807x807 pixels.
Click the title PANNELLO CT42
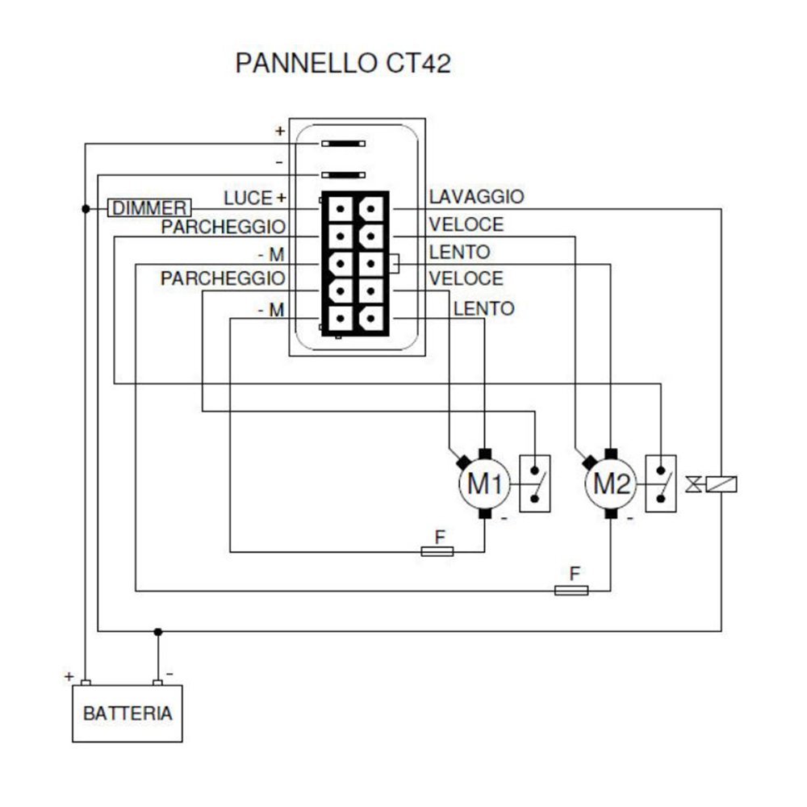tap(342, 64)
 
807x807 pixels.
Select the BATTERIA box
tap(128, 713)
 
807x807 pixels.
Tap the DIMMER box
tap(150, 208)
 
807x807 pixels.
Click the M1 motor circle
tap(485, 484)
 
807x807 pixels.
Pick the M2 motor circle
tap(611, 484)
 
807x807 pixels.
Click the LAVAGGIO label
tap(476, 196)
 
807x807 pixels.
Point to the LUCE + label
tap(255, 197)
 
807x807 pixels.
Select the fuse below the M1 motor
tap(437, 551)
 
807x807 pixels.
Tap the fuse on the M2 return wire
tap(571, 591)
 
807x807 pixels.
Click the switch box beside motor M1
tap(535, 484)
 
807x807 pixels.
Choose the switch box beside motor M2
tap(661, 484)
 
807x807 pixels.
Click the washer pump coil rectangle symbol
tap(721, 484)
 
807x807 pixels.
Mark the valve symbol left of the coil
tap(692, 484)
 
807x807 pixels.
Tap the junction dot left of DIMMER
tap(86, 208)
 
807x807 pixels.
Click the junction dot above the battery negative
tap(158, 631)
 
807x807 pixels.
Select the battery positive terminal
tap(86, 683)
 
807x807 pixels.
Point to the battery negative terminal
tap(158, 683)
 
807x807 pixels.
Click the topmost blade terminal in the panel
tap(343, 144)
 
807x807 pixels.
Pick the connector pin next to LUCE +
tap(342, 208)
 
